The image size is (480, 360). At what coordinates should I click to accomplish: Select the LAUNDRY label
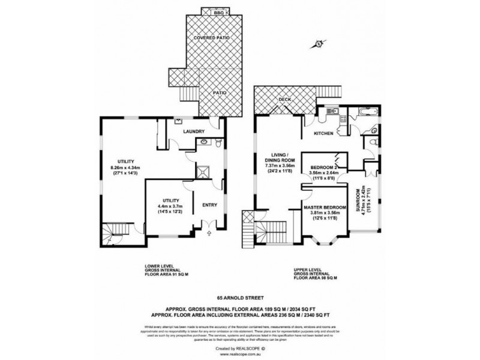coord(195,131)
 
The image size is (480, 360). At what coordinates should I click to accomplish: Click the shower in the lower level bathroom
coord(206,172)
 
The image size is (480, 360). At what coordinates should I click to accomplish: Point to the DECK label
coord(284,100)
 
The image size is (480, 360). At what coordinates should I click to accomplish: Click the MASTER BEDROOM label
coord(325,208)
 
